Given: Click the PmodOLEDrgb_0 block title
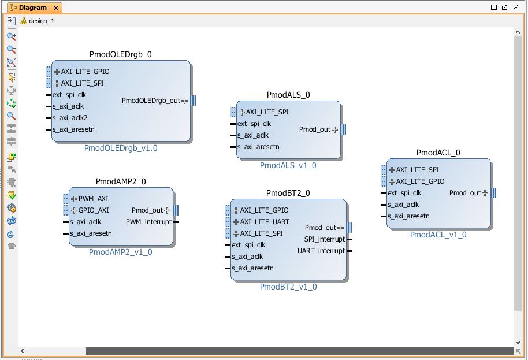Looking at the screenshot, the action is click(x=121, y=54).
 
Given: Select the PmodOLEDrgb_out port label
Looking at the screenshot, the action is click(x=151, y=101).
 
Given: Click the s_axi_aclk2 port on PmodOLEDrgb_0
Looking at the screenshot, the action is click(x=70, y=118).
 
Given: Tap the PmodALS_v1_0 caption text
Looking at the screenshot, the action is click(x=288, y=165).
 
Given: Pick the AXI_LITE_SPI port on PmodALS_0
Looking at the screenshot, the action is click(x=267, y=112).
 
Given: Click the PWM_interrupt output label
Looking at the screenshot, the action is click(x=148, y=222).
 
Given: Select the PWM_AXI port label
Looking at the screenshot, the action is click(x=93, y=199).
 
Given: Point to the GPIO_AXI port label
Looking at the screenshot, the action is click(x=93, y=210).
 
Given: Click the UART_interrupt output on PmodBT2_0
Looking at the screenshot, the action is click(x=321, y=251).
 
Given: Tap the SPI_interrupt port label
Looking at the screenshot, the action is click(x=325, y=239).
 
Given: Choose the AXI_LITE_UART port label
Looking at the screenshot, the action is click(x=265, y=221).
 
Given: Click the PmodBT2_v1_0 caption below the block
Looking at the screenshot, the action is click(x=288, y=287).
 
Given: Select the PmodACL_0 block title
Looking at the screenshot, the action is click(x=438, y=153).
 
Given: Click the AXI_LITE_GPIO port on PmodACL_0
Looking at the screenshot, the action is click(x=420, y=181).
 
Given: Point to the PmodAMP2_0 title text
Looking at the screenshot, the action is click(x=121, y=181).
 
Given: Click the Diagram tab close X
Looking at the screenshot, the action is click(x=56, y=8).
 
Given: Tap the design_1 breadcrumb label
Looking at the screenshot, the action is click(x=42, y=21).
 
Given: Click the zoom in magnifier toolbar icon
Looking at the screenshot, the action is click(x=12, y=36).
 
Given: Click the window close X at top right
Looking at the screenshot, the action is click(x=516, y=7).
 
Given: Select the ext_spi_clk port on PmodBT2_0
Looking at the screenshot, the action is click(x=248, y=245).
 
